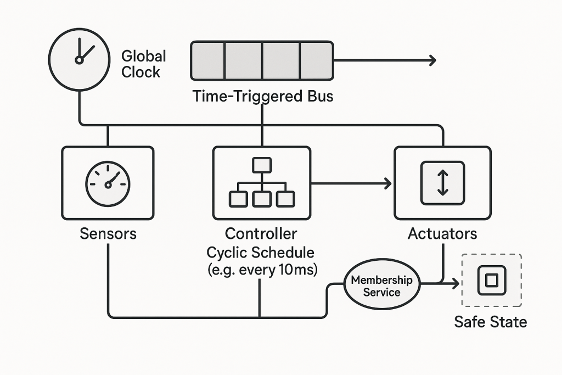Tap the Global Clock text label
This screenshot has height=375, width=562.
[x=143, y=64]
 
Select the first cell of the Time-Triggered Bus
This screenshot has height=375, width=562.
[x=208, y=60]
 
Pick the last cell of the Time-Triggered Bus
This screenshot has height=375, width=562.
[x=316, y=60]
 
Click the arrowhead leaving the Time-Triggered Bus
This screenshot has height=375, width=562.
[x=432, y=60]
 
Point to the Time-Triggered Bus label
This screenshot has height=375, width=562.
[x=263, y=96]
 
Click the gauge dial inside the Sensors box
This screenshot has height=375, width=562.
[x=108, y=183]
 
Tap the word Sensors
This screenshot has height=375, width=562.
[x=108, y=233]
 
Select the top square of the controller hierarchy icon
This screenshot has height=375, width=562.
[x=262, y=165]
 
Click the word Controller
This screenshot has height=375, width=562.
[x=261, y=233]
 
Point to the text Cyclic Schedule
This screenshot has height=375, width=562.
[x=261, y=253]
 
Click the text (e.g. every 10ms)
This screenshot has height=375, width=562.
[x=262, y=270]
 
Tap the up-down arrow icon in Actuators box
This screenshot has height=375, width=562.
[x=442, y=183]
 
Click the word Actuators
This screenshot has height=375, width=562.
[x=442, y=233]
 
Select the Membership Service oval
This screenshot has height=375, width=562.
[x=382, y=286]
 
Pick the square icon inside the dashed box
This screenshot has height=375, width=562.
[x=491, y=281]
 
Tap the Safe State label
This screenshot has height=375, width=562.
[x=490, y=322]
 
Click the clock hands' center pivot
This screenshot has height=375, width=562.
[x=79, y=59]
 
